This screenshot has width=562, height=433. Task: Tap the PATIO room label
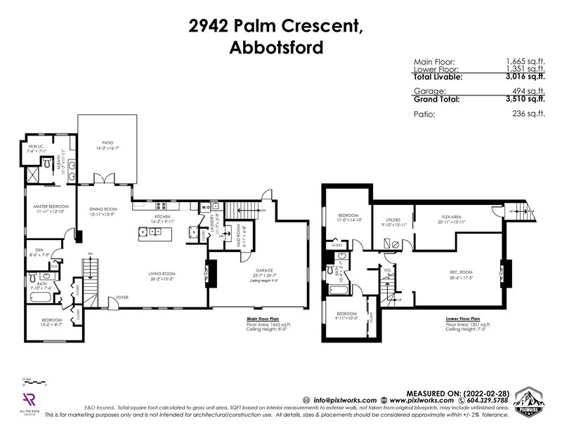coord(107,142)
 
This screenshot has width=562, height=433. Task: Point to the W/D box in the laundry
coord(206,207)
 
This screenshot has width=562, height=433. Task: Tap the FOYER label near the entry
coord(122,296)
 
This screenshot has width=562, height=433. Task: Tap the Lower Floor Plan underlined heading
coord(462,318)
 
